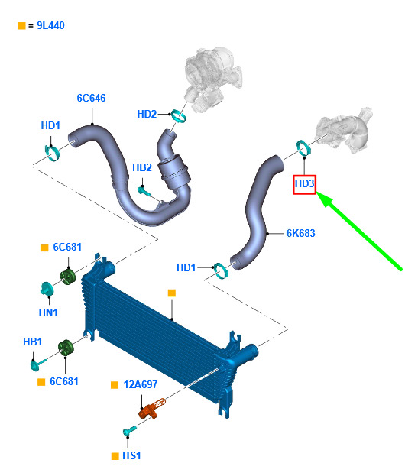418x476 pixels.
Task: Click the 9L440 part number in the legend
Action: pos(50,25)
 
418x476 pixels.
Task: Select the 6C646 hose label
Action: pos(91,98)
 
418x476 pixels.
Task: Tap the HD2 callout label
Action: pos(147,114)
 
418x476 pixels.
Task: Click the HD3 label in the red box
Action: pos(304,183)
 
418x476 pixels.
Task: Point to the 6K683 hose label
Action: pos(300,233)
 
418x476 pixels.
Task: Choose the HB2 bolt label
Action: pos(142,167)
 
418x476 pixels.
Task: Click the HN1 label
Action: pos(48,312)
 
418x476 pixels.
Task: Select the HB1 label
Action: pos(33,342)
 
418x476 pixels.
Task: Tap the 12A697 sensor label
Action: pos(141,384)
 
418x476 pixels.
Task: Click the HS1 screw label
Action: pos(131,455)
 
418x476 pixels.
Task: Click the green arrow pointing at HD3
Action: pos(359,231)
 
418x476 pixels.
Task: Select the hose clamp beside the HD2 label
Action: pos(179,116)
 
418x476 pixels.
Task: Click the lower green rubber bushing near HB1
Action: pos(66,348)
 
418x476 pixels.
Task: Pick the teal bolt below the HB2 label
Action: pos(144,191)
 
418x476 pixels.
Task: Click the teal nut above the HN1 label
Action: pos(47,289)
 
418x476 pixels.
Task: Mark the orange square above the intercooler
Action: pos(172,293)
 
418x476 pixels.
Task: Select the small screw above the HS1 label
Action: pos(130,430)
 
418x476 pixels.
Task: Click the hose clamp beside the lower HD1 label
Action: pos(221,270)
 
